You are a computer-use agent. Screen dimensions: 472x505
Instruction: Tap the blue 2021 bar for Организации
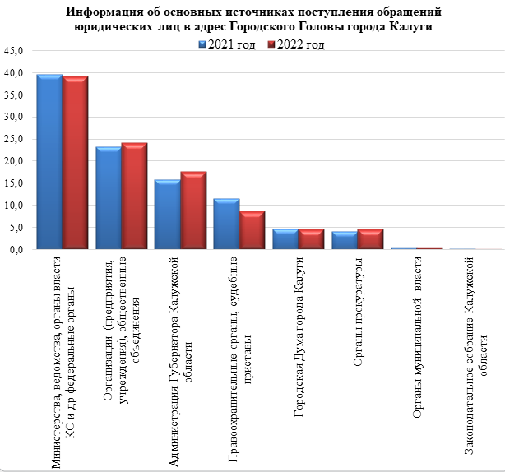[109, 197]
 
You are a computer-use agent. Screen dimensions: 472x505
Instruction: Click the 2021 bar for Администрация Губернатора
[167, 214]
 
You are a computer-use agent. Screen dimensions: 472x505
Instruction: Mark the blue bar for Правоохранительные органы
[226, 223]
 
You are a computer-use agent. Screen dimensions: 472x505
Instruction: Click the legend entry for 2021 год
[229, 44]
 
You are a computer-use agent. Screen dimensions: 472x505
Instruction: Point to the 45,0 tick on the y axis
[17, 51]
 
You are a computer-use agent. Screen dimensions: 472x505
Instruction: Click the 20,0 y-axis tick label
[17, 161]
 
